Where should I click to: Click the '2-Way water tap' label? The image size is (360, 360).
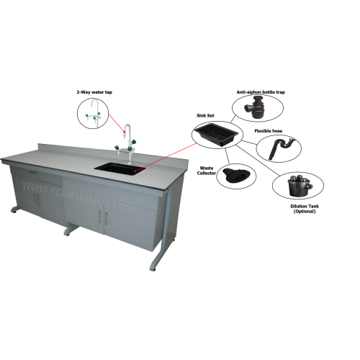[x=94, y=92]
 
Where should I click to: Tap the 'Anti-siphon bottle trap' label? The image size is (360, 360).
[x=261, y=92]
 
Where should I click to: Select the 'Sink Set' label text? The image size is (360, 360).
[x=205, y=115]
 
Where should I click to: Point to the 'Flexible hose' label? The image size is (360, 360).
[x=269, y=131]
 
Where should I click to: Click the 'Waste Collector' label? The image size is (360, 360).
[x=207, y=171]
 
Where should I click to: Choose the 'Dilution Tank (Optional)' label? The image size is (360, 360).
[x=305, y=209]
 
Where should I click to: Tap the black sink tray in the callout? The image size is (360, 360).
[x=216, y=135]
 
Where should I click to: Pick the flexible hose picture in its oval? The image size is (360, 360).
[x=282, y=147]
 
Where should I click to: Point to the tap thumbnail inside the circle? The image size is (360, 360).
[x=94, y=112]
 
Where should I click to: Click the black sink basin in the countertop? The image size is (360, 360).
[x=120, y=168]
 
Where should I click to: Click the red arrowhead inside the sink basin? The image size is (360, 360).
[x=135, y=171]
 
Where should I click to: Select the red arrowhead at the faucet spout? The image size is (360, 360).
[x=125, y=131]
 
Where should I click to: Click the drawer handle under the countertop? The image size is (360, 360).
[x=32, y=171]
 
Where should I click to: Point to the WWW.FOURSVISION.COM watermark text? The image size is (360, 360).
[x=77, y=197]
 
